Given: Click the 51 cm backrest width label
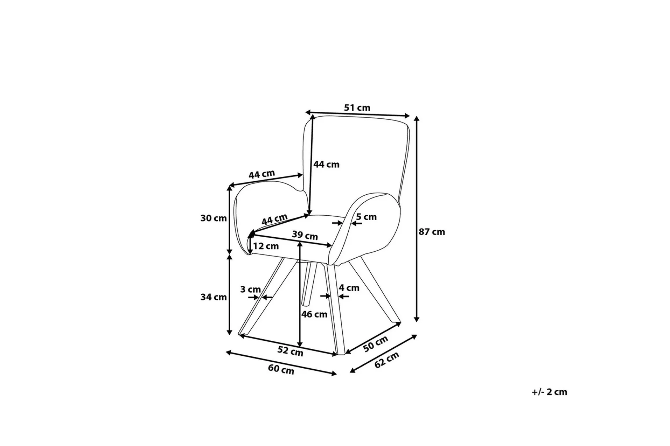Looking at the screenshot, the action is (357, 108).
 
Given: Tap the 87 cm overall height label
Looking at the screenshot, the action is (432, 232).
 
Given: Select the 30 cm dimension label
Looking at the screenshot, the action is (214, 218).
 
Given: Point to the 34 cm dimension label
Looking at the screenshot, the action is (214, 297).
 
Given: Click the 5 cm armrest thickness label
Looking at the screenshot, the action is (366, 217).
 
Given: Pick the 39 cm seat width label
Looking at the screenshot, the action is (305, 236).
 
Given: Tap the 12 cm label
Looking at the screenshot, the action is (266, 246).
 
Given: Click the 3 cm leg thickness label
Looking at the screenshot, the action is (251, 289).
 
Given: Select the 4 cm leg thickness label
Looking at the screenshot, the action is (349, 288).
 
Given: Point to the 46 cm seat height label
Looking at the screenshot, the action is (314, 314).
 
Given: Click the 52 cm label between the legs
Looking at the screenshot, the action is (290, 351).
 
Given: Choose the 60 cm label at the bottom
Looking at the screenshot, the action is (281, 369).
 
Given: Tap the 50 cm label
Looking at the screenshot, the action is (375, 344).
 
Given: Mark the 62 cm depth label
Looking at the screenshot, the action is (387, 360).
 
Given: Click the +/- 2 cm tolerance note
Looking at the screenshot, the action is (550, 392).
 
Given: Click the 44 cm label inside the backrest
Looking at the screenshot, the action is (326, 164).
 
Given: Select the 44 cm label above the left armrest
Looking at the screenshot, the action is (262, 174).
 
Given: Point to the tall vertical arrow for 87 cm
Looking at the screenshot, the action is (416, 219).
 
